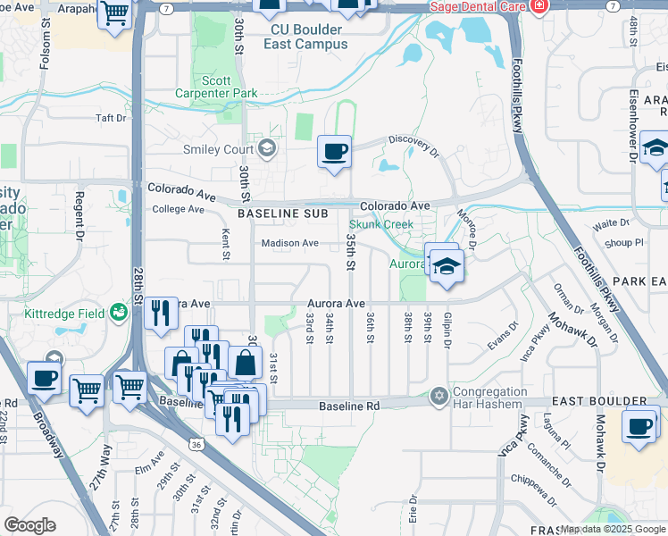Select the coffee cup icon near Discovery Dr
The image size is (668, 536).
(335, 152)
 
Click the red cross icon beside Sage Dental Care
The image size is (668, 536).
(538, 6)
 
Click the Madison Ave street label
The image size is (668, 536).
(289, 243)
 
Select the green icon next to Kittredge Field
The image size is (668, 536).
(118, 312)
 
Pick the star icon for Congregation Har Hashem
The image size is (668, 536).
(438, 395)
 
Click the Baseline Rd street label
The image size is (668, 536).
(349, 406)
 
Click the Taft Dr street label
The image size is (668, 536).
(113, 117)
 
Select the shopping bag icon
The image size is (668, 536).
(244, 363)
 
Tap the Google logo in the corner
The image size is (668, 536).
(29, 525)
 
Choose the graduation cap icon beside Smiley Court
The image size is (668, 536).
(265, 148)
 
